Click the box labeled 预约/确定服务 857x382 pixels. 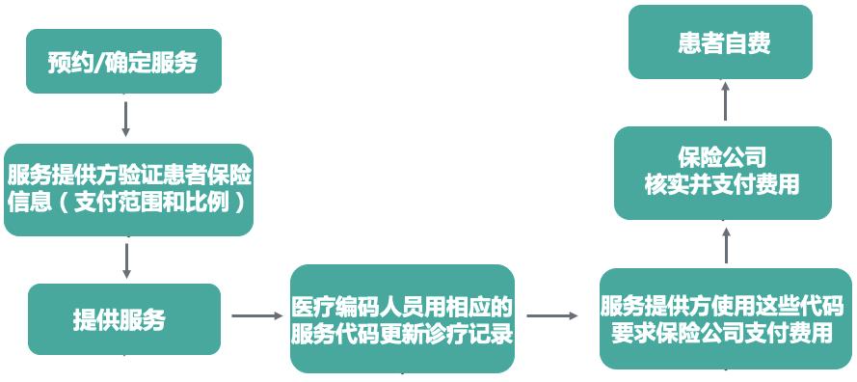click(x=123, y=62)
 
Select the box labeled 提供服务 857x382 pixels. click(x=124, y=319)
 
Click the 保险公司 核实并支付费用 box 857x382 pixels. click(x=723, y=173)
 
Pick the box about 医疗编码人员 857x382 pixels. click(x=402, y=319)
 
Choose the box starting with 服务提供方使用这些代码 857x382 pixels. click(x=725, y=319)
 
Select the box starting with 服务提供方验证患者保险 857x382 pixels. click(x=128, y=190)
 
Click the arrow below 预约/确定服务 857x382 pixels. click(x=126, y=118)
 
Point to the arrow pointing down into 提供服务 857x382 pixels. click(x=126, y=259)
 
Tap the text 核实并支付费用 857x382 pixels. click(x=722, y=184)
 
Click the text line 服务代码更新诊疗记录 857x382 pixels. click(x=402, y=333)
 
